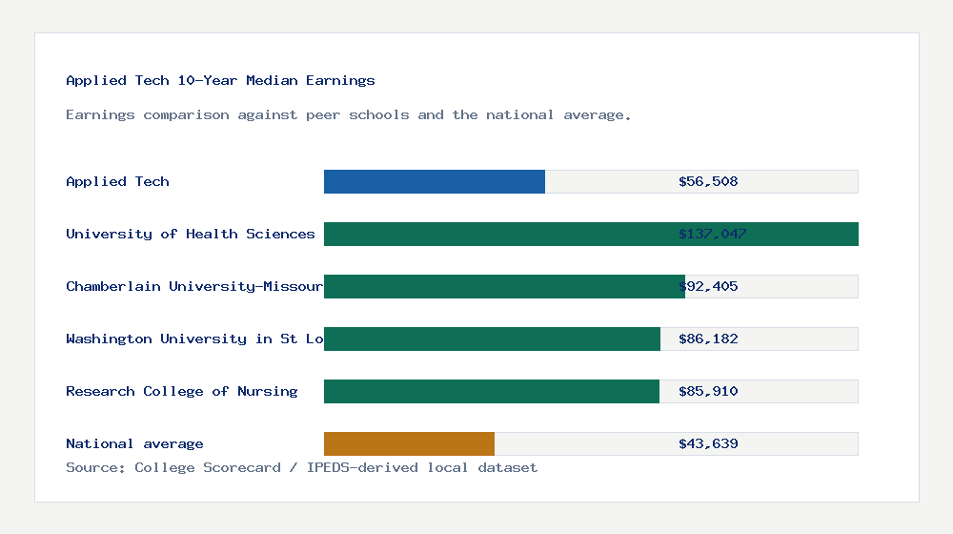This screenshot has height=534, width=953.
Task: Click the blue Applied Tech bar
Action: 435,181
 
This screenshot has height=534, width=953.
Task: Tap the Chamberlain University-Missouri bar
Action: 504,286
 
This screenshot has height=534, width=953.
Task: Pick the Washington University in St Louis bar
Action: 492,339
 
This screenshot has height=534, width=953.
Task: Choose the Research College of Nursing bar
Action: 492,391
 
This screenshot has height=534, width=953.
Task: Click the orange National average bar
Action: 409,443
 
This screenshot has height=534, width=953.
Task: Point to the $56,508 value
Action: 708,181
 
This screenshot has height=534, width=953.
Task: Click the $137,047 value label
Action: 712,234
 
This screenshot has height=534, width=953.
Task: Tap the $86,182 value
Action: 708,339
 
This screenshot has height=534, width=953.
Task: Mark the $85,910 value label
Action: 708,391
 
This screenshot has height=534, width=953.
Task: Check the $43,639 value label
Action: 708,443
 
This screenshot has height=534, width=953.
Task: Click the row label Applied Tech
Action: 117,181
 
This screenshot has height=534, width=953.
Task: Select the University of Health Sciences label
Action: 191,234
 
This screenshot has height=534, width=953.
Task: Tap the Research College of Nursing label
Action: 182,391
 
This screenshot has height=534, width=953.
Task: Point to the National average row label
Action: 134,443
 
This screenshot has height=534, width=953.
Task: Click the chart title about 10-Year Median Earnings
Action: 220,80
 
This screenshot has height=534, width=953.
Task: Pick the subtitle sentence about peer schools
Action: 348,114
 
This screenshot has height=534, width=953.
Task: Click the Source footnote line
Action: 301,467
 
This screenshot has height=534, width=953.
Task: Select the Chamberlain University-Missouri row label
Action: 194,286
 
